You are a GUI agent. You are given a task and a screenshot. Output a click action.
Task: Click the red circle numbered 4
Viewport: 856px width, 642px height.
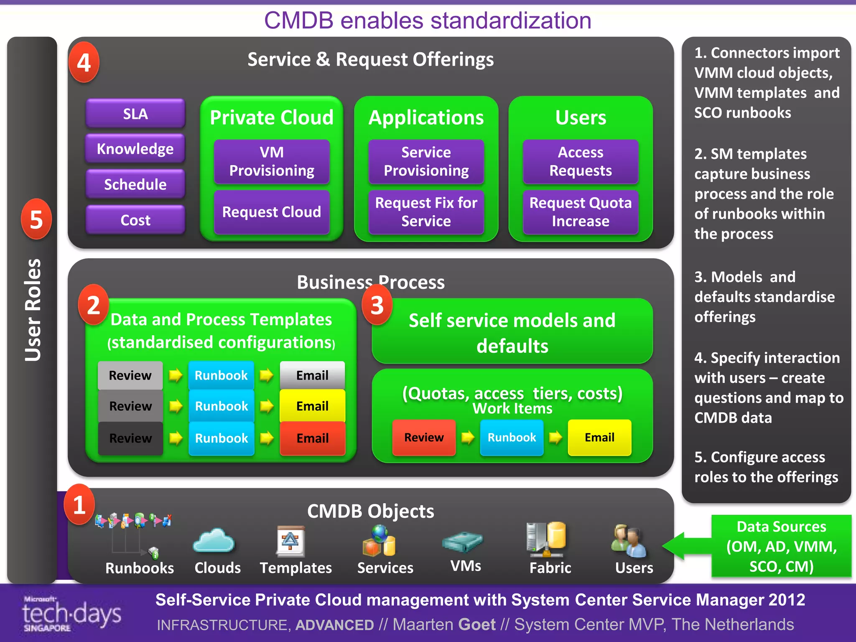point(84,63)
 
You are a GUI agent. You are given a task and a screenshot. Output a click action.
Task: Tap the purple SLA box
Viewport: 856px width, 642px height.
point(135,114)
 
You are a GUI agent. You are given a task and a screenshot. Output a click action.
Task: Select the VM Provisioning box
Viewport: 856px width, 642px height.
point(272,161)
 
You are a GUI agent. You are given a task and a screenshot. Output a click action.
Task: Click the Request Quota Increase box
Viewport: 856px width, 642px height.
point(580,212)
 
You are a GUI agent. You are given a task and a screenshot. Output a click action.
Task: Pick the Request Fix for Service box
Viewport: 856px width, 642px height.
point(426,212)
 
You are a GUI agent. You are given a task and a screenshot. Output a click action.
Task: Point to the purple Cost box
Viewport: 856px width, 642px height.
point(135,220)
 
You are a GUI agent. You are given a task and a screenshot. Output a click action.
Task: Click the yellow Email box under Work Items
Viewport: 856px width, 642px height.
point(599,437)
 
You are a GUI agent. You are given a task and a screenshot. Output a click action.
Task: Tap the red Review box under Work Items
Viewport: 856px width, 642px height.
point(424,437)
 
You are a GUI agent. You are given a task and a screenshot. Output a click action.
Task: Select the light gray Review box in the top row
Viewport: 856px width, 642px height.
point(130,375)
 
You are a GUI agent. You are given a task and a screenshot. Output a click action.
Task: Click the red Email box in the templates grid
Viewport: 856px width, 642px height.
point(312,438)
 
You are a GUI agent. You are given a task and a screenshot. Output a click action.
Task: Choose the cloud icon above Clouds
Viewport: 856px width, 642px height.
point(214,541)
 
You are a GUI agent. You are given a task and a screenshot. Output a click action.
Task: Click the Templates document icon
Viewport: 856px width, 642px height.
point(290,541)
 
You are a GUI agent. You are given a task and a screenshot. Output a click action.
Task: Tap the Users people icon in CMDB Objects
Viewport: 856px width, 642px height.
point(629,541)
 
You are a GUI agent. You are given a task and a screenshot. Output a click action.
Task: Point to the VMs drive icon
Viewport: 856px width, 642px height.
point(462,542)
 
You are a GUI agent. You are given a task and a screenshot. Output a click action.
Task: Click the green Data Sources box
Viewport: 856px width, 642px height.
point(781,546)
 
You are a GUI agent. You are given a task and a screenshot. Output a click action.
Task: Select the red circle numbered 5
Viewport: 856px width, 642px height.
point(36,219)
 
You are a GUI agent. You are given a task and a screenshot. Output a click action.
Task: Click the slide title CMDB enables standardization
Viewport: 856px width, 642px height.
point(428,20)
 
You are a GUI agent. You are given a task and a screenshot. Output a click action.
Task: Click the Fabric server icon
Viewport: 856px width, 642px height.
point(546,539)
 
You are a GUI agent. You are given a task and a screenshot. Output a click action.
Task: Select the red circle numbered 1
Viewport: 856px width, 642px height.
point(79,504)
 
